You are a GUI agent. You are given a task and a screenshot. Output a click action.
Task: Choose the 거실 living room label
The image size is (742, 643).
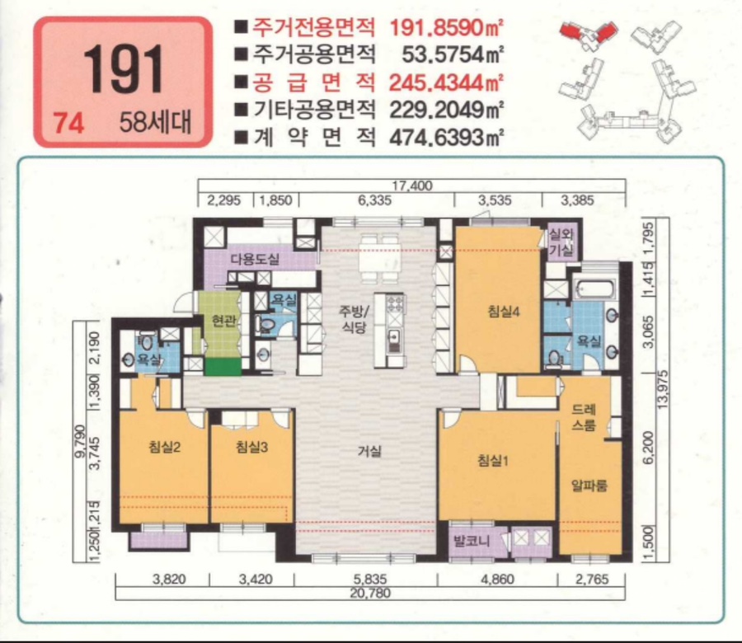pos(369,452)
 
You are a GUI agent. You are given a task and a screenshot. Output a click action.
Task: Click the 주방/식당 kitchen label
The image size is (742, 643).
pos(355,320)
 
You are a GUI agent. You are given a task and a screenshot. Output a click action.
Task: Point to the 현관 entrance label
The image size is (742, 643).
pos(223,322)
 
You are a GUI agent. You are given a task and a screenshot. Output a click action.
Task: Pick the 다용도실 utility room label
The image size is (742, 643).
pos(255,259)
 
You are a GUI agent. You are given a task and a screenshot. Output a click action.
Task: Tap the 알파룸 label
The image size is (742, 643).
pos(589,486)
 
